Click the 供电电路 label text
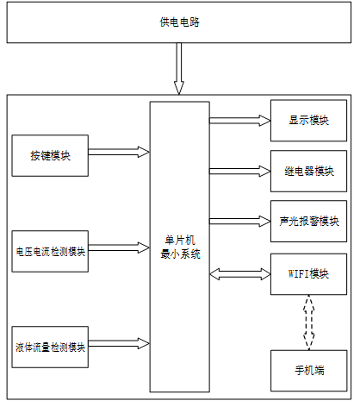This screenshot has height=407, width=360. coord(179,22)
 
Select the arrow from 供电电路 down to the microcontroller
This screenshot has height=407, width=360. coord(179,69)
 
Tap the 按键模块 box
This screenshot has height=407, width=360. coord(50,155)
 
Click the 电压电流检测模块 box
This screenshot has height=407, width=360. coord(50,251)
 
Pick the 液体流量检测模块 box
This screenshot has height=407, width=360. coord(50,347)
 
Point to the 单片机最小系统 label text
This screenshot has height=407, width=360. coord(180,247)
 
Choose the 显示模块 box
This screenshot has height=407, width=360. coord(308,121)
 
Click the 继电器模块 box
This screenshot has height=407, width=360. coord(308,171)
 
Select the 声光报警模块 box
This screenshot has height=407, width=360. coord(308,221)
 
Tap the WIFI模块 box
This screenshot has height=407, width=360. coord(308,274)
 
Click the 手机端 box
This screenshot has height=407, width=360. coord(309,371)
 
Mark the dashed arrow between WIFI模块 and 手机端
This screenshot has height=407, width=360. coord(309,322)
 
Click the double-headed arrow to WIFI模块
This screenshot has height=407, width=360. coord(240,274)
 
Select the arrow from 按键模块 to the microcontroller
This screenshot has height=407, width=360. coord(119,152)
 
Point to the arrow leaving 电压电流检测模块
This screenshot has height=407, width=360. coord(119,247)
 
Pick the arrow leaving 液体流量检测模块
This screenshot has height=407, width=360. coord(119,343)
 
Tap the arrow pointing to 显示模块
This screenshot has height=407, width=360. coord(240,121)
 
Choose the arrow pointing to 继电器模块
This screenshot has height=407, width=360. coord(240,172)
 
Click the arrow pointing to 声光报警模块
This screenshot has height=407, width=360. coord(240,222)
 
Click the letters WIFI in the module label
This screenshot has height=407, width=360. coord(299,273)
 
